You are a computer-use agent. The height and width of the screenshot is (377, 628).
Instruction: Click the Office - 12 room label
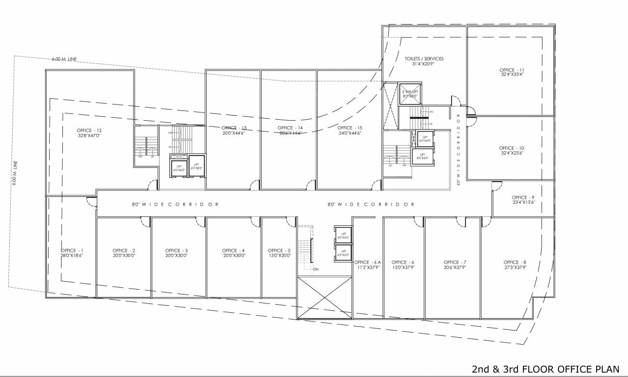(89, 130)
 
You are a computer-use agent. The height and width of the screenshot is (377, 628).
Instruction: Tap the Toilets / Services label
(424, 58)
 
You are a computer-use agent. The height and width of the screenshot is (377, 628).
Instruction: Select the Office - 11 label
(512, 70)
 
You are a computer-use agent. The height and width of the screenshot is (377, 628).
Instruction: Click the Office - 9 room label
(523, 197)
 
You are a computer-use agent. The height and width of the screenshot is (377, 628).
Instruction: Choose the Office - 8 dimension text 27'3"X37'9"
(515, 268)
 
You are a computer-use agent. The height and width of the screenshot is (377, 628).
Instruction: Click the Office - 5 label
(279, 250)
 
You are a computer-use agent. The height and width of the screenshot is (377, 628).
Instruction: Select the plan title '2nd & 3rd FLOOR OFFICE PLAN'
(546, 369)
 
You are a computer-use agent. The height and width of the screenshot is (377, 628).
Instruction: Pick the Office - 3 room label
(176, 250)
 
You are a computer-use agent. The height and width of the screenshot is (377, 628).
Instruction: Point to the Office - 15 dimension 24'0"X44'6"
(350, 133)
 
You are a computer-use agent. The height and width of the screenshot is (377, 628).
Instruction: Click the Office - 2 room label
(124, 250)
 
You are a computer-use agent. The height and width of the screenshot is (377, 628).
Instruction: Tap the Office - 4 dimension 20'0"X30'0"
(233, 255)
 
